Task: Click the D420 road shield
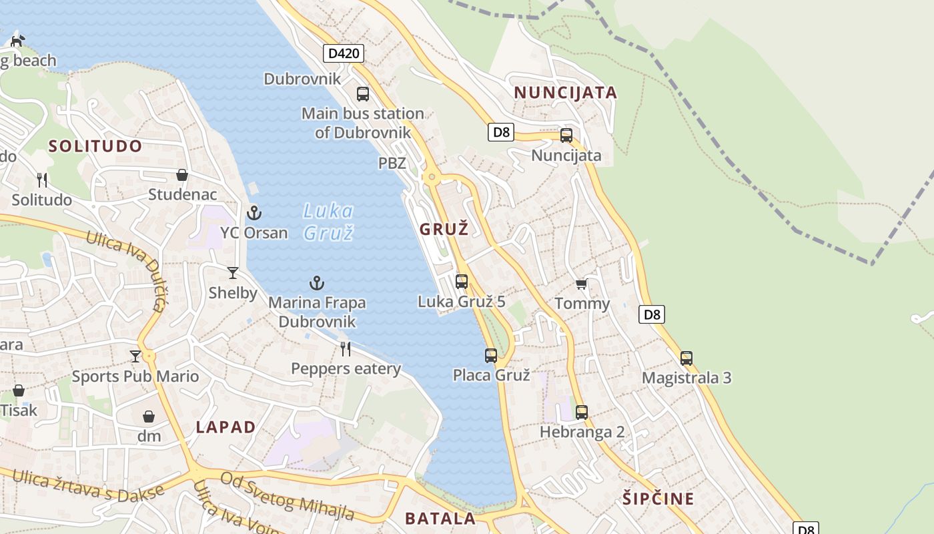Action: coord(344,53)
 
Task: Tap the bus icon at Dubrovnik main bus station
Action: coord(363,94)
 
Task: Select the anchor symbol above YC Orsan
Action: coord(254,213)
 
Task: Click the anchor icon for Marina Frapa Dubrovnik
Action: coord(317,283)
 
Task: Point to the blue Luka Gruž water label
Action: coord(328,222)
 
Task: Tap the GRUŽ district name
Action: coord(444,229)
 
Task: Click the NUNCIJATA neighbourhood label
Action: coord(566,93)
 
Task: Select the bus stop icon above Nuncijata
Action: coord(566,136)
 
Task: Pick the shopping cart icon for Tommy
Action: coord(581,284)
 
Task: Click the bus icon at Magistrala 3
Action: coord(686,358)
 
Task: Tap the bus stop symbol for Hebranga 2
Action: coord(582,413)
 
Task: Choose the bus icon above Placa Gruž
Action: coord(491,356)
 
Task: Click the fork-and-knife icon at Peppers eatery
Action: coord(346,348)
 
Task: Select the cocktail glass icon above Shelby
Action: coord(233,272)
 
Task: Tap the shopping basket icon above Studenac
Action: coord(182,175)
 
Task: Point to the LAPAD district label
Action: coord(226,427)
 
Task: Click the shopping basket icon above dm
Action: coord(149,417)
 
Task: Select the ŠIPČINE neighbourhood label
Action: coord(658,499)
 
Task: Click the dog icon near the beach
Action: coord(17,41)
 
